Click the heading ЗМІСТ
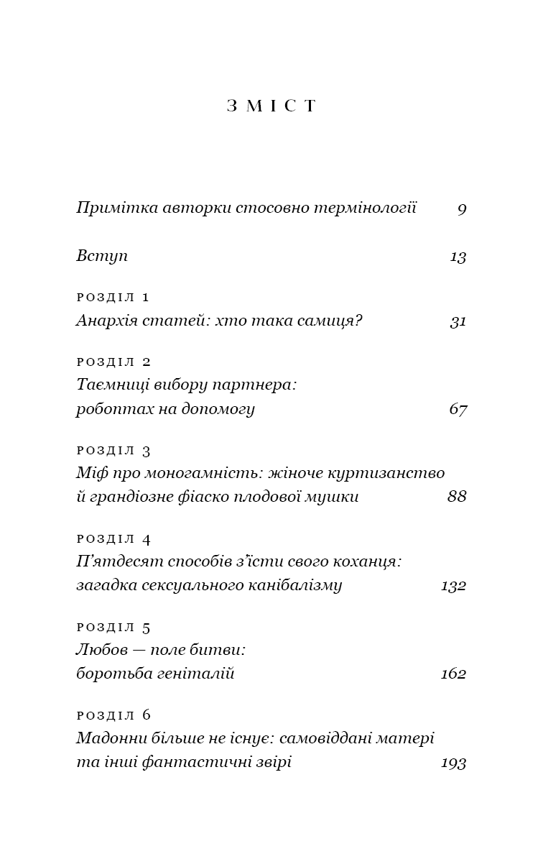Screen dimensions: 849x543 click(x=271, y=106)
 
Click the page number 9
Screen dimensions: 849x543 click(x=462, y=209)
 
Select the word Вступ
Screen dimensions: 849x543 click(x=102, y=256)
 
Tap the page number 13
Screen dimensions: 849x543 click(x=458, y=257)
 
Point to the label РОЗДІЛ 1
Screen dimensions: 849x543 click(x=113, y=297)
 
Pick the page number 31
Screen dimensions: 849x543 click(x=458, y=321)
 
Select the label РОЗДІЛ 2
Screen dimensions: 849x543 click(x=113, y=362)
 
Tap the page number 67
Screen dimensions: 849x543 click(x=458, y=410)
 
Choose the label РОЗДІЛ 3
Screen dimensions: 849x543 click(x=113, y=451)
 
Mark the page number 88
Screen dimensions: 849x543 click(x=457, y=497)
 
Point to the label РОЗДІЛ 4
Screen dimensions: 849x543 click(x=113, y=538)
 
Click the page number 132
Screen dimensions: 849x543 click(x=454, y=586)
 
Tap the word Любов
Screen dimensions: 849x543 click(x=98, y=650)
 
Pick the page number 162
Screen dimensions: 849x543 click(x=454, y=674)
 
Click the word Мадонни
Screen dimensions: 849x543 click(x=108, y=738)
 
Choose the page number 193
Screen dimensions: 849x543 click(x=454, y=763)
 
